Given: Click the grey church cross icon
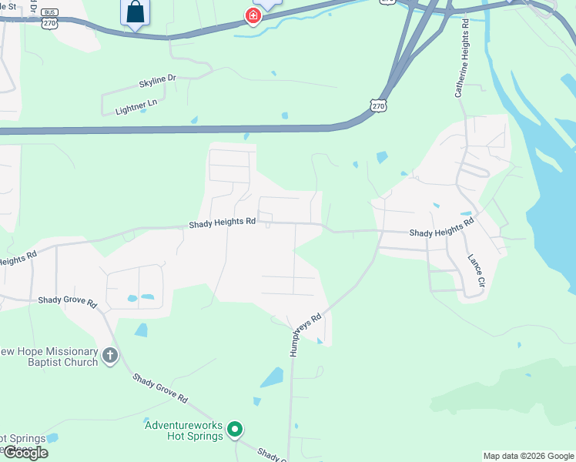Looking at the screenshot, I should (110, 355).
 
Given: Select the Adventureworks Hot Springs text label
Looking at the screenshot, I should (184, 430).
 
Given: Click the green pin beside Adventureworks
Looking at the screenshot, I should (236, 430).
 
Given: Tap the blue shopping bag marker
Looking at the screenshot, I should (135, 12).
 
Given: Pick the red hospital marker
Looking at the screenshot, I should (252, 15).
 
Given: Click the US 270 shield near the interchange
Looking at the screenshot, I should (377, 106).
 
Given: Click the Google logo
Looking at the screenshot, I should (25, 453).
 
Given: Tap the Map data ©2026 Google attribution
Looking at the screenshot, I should (528, 456).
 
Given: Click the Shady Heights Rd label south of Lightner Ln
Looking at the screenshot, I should (223, 223).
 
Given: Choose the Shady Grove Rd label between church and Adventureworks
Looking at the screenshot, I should (159, 389).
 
